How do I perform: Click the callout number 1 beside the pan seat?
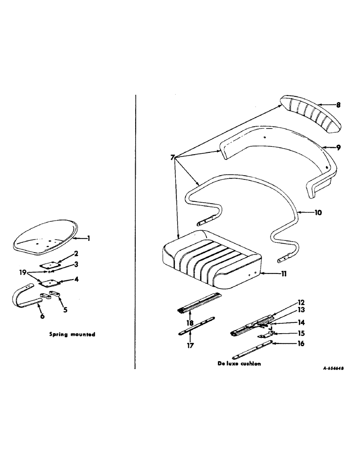(x=89, y=238)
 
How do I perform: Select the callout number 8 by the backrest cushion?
(x=338, y=105)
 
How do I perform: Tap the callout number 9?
(x=338, y=147)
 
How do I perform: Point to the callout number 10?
(x=318, y=212)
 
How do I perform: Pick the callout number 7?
(x=173, y=158)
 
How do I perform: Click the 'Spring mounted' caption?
(x=72, y=334)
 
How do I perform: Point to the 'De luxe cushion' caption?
(x=239, y=364)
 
